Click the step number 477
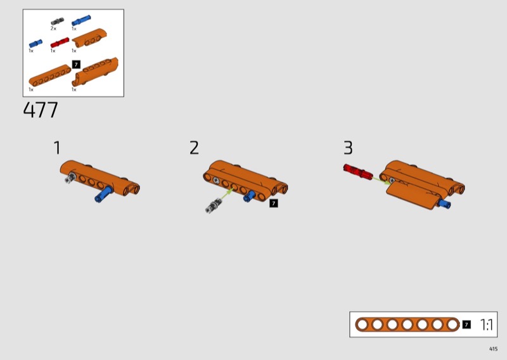[41, 110]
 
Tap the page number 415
[494, 349]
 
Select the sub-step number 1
[57, 148]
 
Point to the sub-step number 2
[194, 148]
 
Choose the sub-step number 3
[348, 148]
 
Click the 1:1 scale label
[487, 325]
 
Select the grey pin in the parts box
[57, 22]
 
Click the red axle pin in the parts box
[60, 42]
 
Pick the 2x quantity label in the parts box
[53, 29]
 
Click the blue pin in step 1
[104, 194]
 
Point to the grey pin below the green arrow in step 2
[214, 206]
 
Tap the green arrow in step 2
[227, 193]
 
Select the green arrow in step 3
[382, 181]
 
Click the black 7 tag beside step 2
[274, 203]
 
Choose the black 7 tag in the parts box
[76, 65]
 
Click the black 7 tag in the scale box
[466, 325]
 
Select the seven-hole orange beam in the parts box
[50, 75]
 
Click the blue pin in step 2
[249, 196]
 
